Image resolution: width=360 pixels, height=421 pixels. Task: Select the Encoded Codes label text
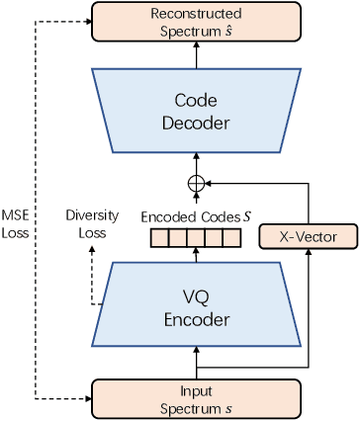190,214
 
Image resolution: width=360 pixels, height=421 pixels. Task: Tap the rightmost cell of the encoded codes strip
231,237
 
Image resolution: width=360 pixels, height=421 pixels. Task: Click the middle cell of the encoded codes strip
195,237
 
